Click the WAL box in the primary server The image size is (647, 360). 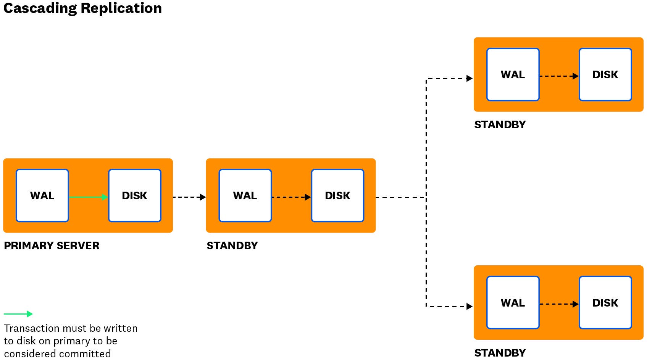42,195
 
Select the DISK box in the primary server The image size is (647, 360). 135,195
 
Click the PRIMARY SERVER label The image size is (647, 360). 52,245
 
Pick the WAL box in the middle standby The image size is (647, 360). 245,195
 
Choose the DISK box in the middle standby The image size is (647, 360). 337,195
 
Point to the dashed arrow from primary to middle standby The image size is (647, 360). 189,197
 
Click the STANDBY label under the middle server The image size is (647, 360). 232,245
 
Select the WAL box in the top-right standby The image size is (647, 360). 513,74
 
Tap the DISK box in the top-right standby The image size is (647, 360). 605,74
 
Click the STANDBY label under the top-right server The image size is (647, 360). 500,124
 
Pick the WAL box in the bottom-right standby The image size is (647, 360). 513,303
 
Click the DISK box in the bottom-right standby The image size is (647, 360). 605,303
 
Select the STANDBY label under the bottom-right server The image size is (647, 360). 500,353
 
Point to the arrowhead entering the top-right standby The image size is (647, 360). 470,79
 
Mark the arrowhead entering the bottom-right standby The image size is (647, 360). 470,306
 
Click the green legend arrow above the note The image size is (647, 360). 18,314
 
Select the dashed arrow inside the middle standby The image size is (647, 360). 291,197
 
